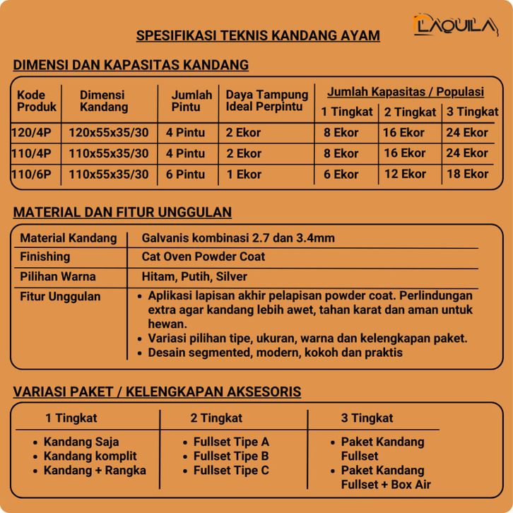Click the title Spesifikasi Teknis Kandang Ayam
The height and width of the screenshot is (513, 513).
point(257,36)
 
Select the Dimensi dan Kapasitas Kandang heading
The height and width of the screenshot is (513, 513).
point(131,66)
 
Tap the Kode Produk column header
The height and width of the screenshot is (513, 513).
point(36,101)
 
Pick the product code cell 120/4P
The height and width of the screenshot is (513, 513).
point(36,132)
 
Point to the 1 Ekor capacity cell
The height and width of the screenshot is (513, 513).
point(244,175)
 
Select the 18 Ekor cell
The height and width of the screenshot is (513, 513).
point(467,175)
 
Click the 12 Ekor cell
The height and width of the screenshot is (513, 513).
point(403,175)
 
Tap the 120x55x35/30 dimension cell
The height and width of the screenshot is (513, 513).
point(109,132)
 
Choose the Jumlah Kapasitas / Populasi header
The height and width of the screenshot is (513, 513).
point(406,92)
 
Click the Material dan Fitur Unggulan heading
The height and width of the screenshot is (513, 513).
point(122,212)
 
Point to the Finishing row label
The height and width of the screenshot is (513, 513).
point(45,256)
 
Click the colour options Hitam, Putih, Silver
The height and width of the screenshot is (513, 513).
point(194,277)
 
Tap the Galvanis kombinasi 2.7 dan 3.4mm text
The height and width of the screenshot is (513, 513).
point(238,238)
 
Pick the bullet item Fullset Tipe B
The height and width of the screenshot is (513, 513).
point(231,456)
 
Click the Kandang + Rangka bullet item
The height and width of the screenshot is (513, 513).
point(95,470)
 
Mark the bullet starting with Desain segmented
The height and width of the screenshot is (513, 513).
point(275,352)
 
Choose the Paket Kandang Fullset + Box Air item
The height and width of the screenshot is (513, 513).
point(385,477)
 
